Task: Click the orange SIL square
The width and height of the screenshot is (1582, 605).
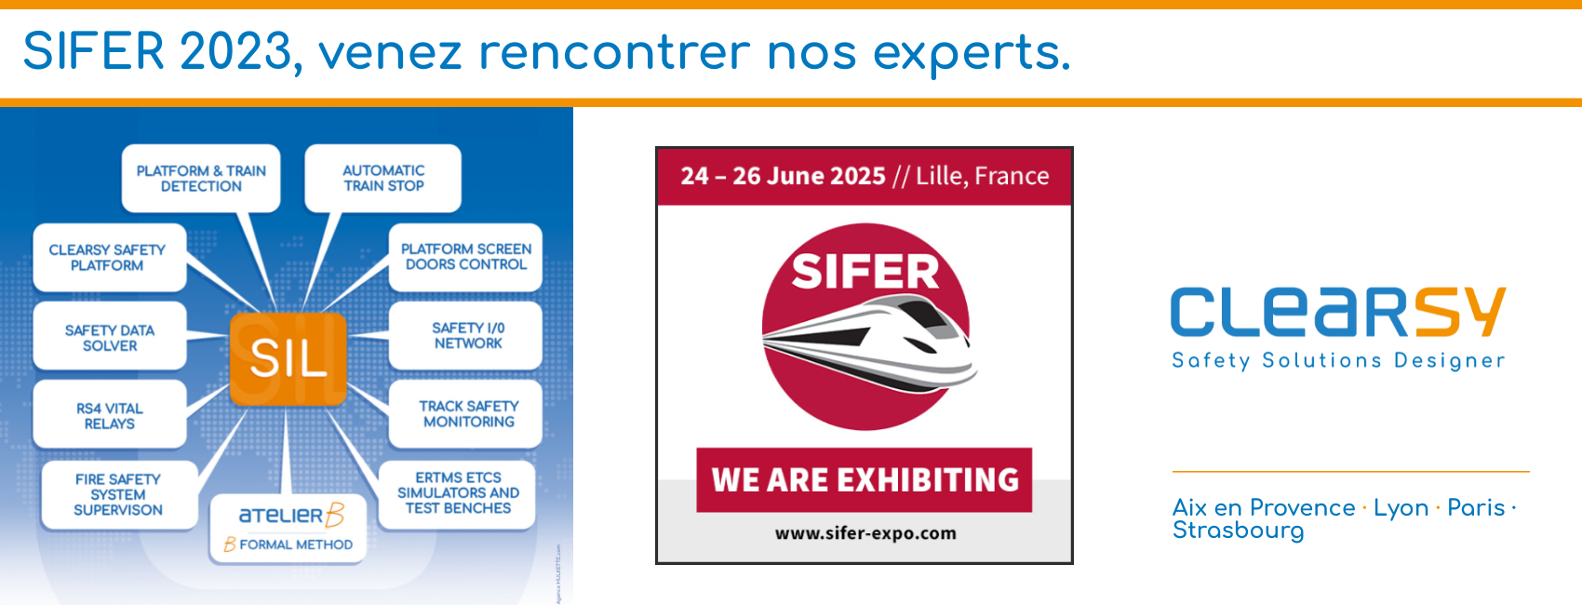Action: [288, 358]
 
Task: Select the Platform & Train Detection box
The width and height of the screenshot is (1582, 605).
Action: [201, 178]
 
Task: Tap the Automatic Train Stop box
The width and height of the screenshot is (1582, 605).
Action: [383, 178]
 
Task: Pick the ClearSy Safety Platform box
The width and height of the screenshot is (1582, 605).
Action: [110, 257]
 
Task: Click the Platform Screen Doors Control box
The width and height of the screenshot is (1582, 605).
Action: [465, 257]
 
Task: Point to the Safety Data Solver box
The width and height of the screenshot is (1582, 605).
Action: [110, 336]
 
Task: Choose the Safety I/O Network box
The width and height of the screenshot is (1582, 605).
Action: [465, 336]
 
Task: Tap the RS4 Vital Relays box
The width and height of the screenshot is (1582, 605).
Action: [110, 415]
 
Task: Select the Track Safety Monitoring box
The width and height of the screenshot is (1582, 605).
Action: [465, 415]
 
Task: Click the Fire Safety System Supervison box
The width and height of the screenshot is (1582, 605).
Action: [119, 495]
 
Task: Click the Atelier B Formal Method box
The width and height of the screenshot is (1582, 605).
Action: [288, 529]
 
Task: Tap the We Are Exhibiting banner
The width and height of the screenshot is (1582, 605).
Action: [865, 480]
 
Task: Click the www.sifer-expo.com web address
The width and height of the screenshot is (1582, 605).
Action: [865, 533]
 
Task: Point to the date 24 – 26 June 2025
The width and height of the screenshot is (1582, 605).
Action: [783, 176]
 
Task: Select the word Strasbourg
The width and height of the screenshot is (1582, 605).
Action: [1238, 531]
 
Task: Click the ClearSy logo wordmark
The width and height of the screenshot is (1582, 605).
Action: [1338, 312]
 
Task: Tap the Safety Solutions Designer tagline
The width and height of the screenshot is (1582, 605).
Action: [1338, 360]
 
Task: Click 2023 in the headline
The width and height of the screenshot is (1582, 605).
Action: [235, 51]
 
